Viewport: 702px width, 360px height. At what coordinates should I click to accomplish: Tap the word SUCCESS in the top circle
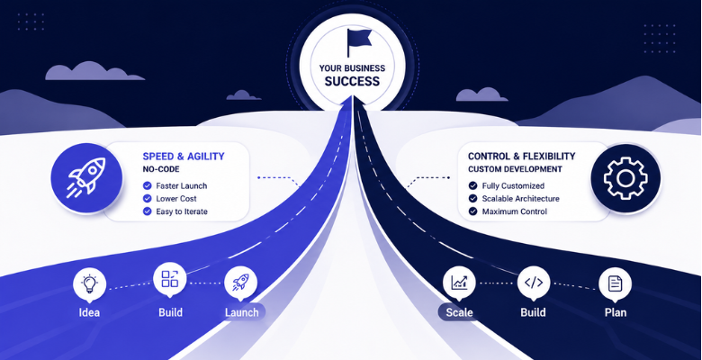pyautogui.click(x=352, y=82)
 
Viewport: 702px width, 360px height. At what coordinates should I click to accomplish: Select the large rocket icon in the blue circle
pyautogui.click(x=86, y=178)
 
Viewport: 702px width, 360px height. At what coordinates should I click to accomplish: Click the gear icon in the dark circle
pyautogui.click(x=625, y=178)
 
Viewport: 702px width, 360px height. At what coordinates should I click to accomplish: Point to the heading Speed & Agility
pyautogui.click(x=184, y=157)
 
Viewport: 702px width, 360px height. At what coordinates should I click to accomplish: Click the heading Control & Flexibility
pyautogui.click(x=522, y=157)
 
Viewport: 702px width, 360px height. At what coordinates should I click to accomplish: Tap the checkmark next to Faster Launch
pyautogui.click(x=147, y=185)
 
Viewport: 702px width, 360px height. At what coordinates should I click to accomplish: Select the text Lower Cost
pyautogui.click(x=175, y=199)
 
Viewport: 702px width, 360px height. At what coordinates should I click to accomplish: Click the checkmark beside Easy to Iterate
pyautogui.click(x=147, y=211)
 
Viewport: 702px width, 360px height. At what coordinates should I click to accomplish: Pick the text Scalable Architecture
pyautogui.click(x=521, y=199)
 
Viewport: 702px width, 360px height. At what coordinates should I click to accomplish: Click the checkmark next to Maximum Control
pyautogui.click(x=472, y=211)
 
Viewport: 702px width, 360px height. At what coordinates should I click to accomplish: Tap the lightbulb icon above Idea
pyautogui.click(x=89, y=283)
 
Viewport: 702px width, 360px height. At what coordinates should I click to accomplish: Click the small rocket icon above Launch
pyautogui.click(x=241, y=282)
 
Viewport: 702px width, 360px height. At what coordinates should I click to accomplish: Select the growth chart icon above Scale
pyautogui.click(x=459, y=282)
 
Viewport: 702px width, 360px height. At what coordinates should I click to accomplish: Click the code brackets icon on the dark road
pyautogui.click(x=534, y=282)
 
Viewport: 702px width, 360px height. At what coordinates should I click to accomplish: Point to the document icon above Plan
pyautogui.click(x=615, y=283)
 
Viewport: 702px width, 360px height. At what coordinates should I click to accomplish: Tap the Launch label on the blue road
pyautogui.click(x=242, y=312)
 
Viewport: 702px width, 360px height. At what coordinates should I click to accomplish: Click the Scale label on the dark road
pyautogui.click(x=459, y=312)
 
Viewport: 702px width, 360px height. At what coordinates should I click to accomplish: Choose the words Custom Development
pyautogui.click(x=515, y=169)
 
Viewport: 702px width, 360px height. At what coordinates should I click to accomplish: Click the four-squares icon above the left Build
pyautogui.click(x=170, y=278)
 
